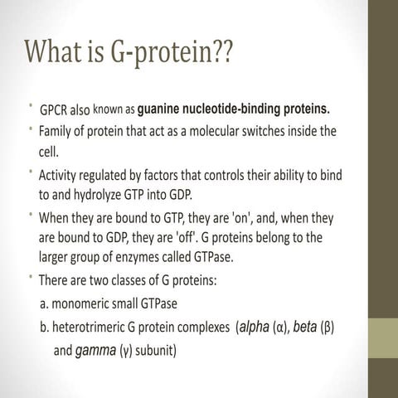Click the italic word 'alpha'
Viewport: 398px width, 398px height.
tap(253, 328)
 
